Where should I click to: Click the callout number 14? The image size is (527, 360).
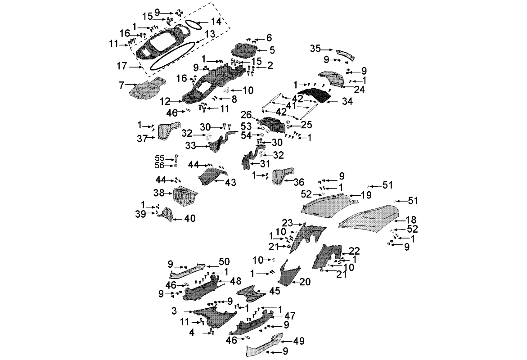tap(216, 21)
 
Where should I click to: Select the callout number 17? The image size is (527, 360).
tap(122, 67)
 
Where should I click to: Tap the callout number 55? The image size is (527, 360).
tap(160, 158)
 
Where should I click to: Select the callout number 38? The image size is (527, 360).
tap(158, 193)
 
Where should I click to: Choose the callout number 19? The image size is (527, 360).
tap(366, 195)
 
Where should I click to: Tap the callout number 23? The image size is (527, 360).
tap(287, 223)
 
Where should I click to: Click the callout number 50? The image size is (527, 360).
tap(224, 261)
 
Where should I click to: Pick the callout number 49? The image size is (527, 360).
tap(299, 342)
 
